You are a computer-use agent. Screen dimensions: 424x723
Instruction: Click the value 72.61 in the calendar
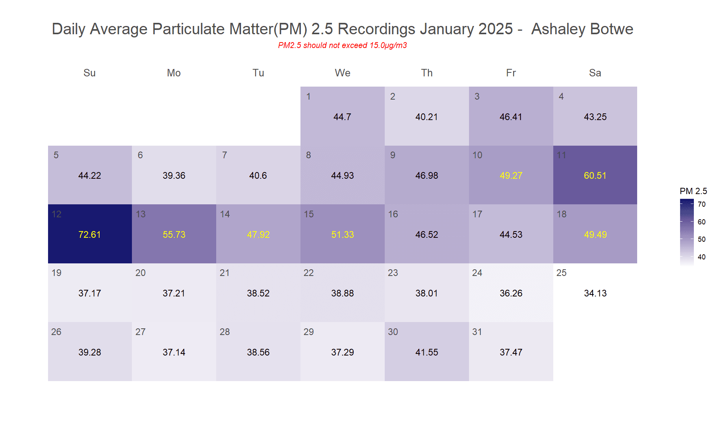tap(89, 235)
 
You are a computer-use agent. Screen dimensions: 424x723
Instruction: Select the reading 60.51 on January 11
tap(595, 176)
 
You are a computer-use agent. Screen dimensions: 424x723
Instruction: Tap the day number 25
tap(561, 273)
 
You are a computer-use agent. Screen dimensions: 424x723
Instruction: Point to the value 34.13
tap(595, 293)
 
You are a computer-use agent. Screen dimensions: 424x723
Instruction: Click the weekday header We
tap(342, 73)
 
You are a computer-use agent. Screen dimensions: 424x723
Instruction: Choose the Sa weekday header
tap(595, 73)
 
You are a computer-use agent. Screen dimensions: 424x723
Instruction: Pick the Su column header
tap(89, 73)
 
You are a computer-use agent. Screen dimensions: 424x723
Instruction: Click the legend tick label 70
tap(701, 204)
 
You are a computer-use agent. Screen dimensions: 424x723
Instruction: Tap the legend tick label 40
tap(701, 257)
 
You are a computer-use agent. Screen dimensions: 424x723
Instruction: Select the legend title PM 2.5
tap(693, 191)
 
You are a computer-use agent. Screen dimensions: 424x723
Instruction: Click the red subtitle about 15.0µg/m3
tap(342, 45)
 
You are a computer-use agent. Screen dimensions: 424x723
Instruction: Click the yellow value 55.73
tap(174, 235)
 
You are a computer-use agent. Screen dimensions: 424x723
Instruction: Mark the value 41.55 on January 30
tap(426, 352)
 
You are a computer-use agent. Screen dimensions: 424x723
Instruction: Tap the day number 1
tap(308, 96)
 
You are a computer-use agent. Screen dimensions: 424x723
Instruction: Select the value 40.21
tap(426, 117)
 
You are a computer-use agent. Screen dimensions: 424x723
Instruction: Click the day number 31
tap(477, 332)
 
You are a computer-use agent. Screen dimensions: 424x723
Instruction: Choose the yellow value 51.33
tap(342, 235)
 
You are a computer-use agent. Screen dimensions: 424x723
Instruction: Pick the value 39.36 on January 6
tap(174, 176)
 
